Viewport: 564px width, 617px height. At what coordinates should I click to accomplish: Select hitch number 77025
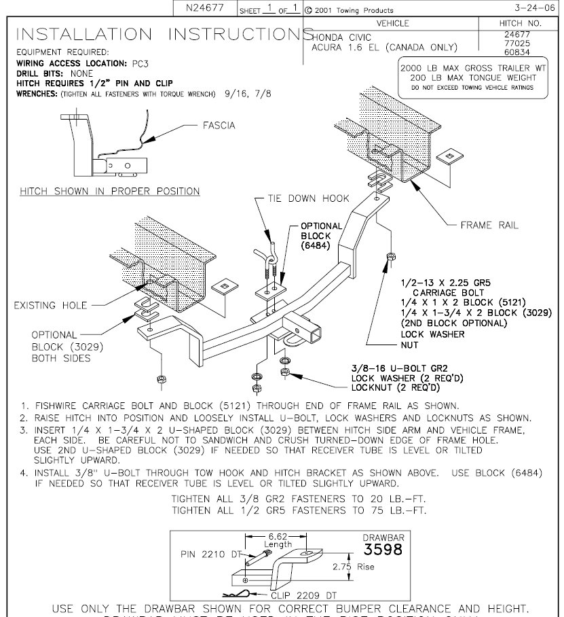(x=521, y=43)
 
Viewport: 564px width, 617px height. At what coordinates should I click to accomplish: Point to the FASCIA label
(x=219, y=126)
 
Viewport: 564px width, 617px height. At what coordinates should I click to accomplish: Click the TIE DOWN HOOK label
(x=304, y=198)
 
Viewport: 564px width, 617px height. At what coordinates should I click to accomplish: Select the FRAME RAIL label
(x=489, y=225)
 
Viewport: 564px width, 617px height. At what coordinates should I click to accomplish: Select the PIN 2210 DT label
(x=210, y=554)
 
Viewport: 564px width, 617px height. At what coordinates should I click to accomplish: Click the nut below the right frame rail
(x=390, y=256)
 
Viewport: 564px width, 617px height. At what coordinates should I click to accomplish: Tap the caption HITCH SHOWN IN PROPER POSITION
(x=110, y=191)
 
